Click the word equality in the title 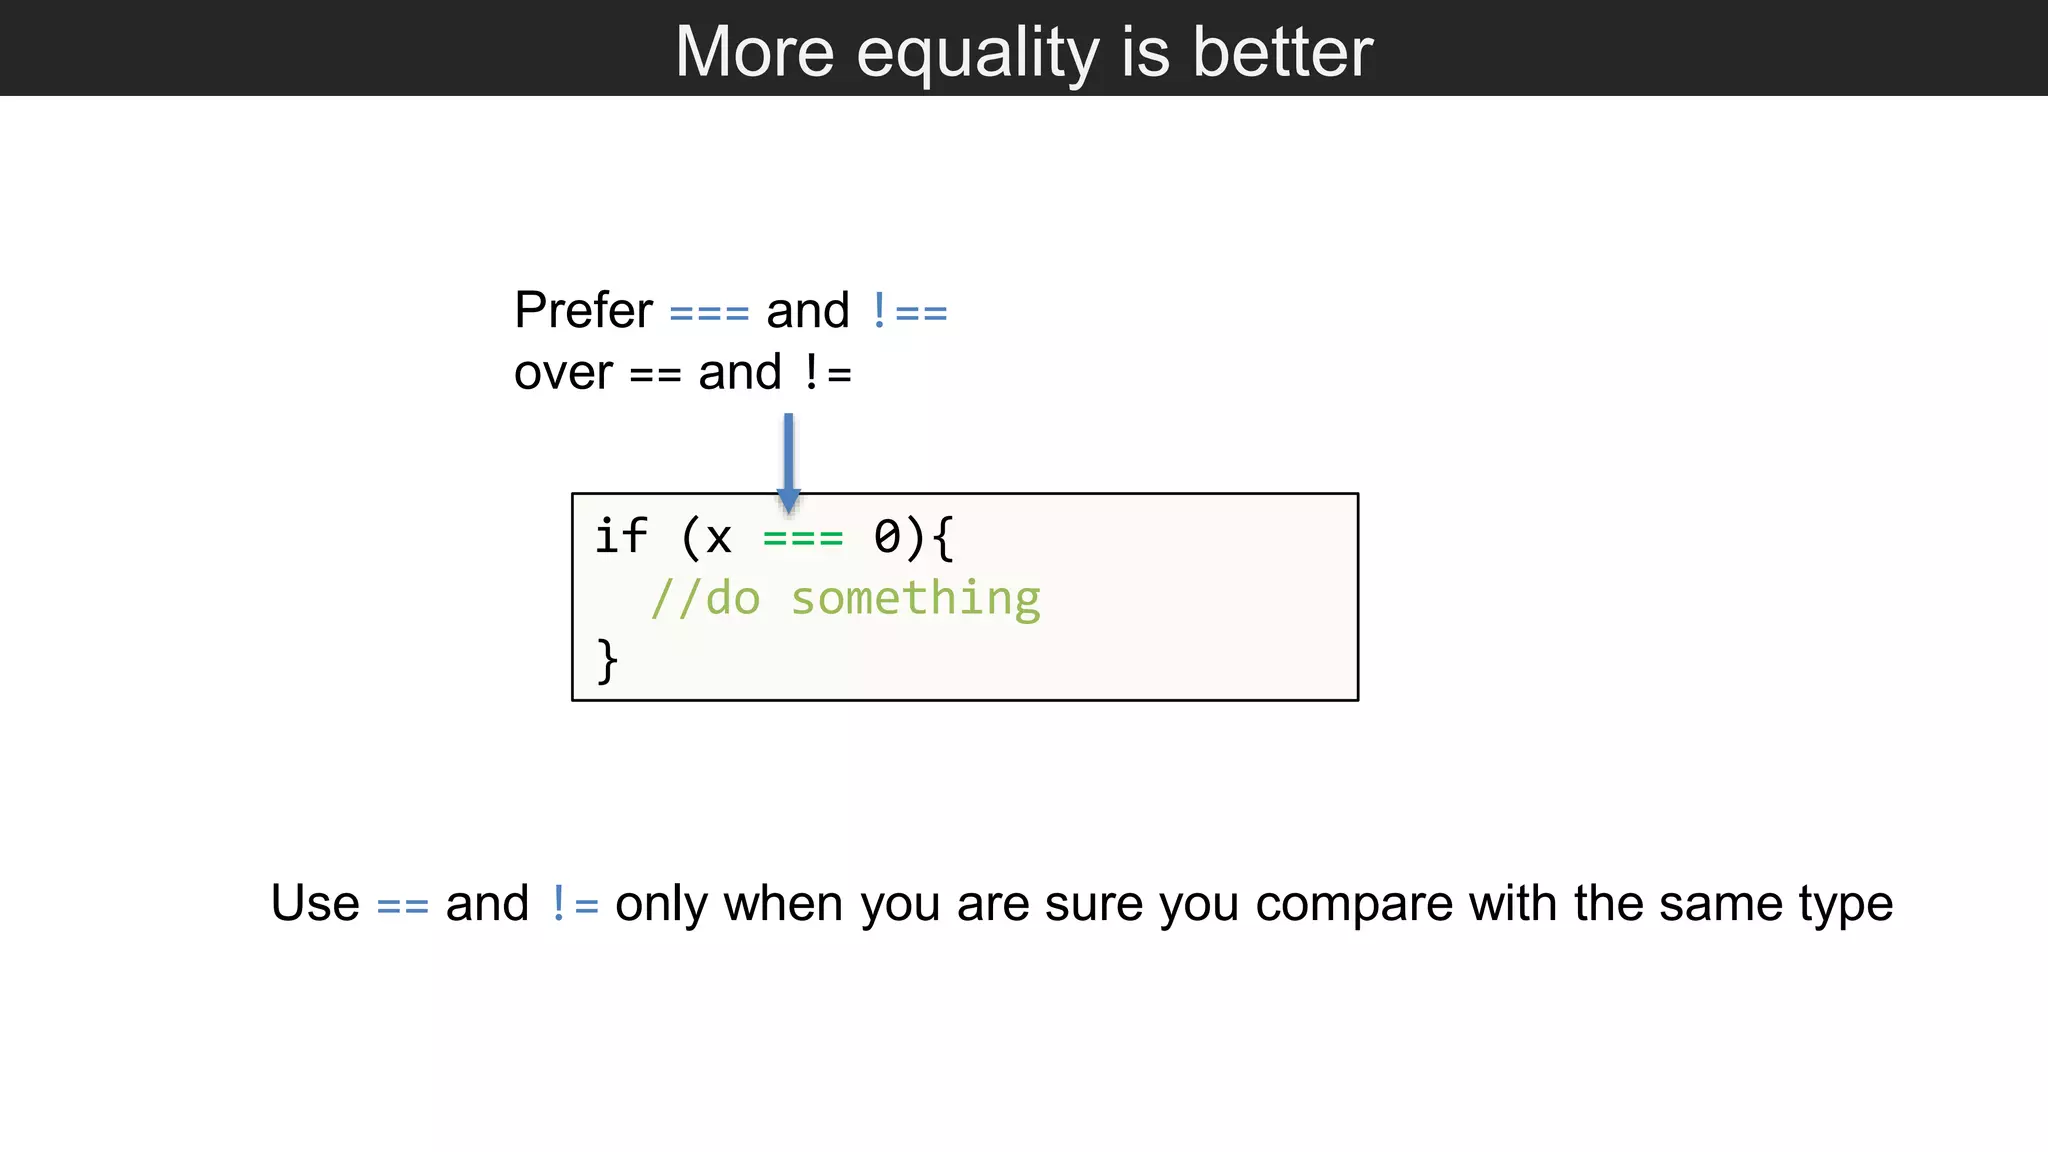977,54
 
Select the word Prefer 583,310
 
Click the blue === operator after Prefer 709,313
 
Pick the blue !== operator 909,312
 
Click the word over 563,374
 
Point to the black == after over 655,375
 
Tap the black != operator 827,374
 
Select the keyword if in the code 621,536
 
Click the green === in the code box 803,538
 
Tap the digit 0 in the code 887,537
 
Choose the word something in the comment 915,600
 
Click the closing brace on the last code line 607,661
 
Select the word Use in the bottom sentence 315,903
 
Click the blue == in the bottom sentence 402,907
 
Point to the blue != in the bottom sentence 574,905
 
